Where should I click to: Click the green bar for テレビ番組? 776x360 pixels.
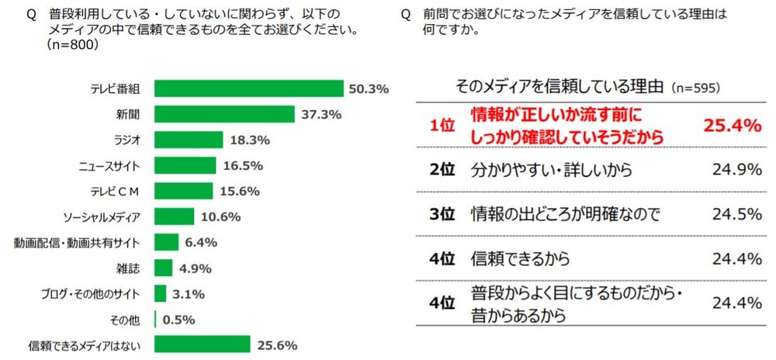[x=249, y=88]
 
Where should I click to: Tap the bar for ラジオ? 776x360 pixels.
[x=189, y=140]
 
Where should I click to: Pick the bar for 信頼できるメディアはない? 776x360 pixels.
[x=203, y=344]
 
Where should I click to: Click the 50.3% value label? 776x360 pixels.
[x=369, y=89]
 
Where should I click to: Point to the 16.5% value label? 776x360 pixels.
[x=242, y=165]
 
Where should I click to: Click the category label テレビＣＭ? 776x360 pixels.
[x=121, y=191]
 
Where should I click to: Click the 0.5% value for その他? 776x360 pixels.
[x=178, y=319]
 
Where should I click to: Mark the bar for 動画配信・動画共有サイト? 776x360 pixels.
[x=167, y=242]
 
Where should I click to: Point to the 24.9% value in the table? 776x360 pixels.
[x=736, y=169]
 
